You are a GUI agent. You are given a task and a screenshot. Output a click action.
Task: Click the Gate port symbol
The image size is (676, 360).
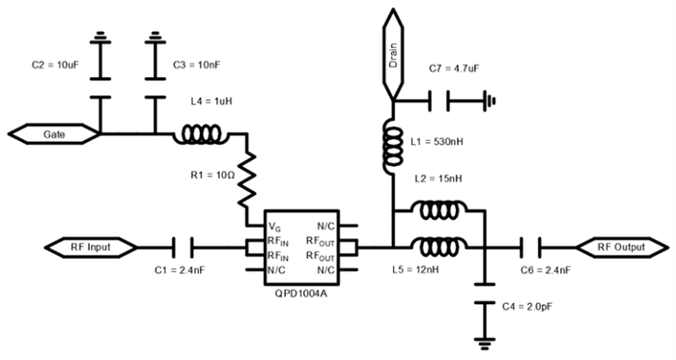point(52,136)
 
